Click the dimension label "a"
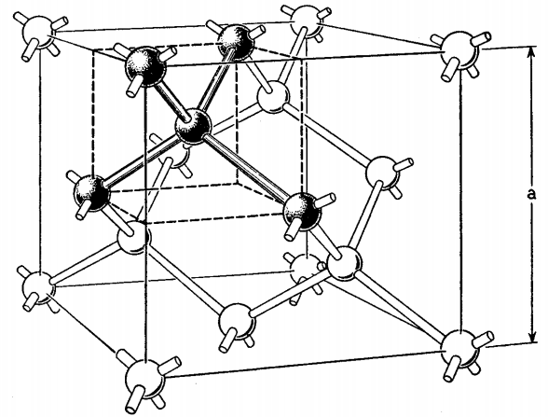(x=531, y=194)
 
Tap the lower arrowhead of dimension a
(x=532, y=337)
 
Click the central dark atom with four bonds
(x=193, y=127)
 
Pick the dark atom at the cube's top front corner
(x=144, y=65)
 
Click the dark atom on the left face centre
(x=91, y=193)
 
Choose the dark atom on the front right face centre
(x=302, y=211)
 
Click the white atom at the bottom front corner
(x=144, y=379)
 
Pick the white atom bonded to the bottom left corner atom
(x=133, y=237)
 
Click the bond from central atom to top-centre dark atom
(x=214, y=83)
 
